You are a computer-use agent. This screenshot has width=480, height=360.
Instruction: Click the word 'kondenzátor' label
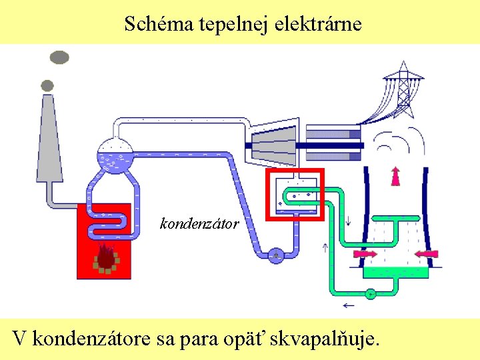click(x=199, y=224)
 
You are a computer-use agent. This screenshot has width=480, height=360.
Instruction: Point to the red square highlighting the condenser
click(x=295, y=171)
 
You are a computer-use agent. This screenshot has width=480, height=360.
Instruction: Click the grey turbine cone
click(x=273, y=144)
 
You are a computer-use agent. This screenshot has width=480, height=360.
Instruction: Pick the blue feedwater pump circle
click(x=275, y=255)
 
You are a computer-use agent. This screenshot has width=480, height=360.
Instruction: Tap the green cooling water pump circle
click(x=371, y=293)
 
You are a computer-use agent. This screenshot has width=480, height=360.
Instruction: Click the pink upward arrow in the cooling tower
click(x=395, y=175)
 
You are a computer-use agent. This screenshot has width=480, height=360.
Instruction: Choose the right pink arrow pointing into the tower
click(x=426, y=254)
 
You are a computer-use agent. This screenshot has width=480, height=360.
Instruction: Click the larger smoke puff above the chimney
click(x=60, y=57)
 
